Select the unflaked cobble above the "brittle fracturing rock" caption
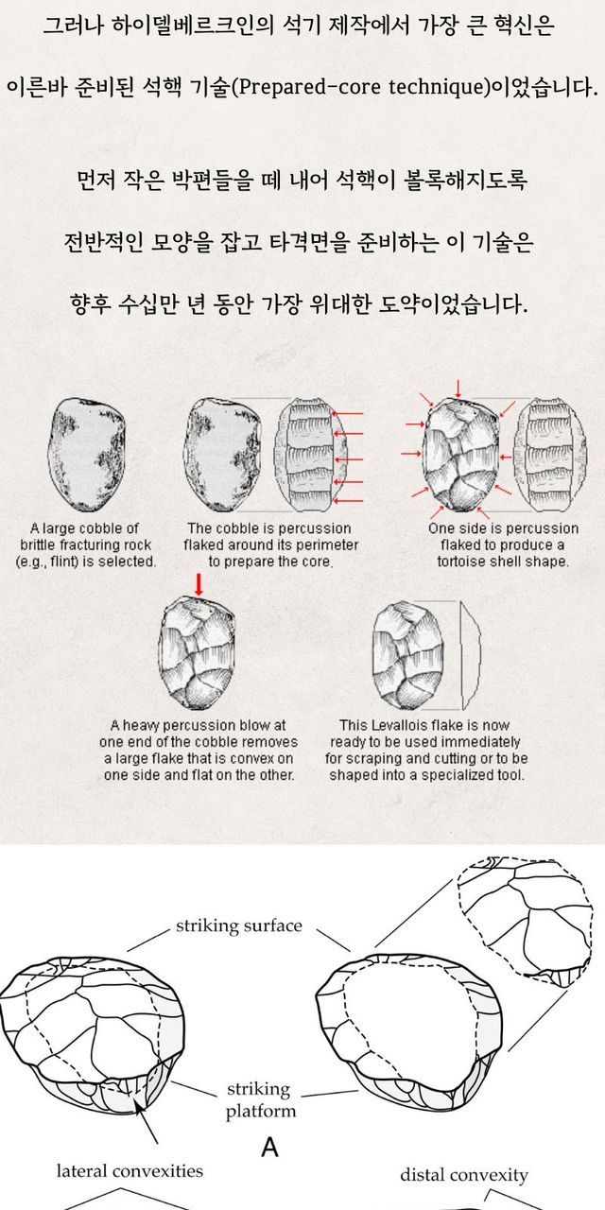click(86, 455)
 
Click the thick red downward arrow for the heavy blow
click(199, 585)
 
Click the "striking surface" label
click(239, 925)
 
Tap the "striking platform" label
click(260, 1099)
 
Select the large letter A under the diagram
click(269, 1147)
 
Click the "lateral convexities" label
click(130, 1171)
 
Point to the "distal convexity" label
click(464, 1175)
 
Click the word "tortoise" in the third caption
click(458, 562)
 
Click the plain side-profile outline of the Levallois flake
click(470, 655)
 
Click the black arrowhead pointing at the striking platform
click(138, 1107)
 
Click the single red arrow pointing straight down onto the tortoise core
click(458, 389)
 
